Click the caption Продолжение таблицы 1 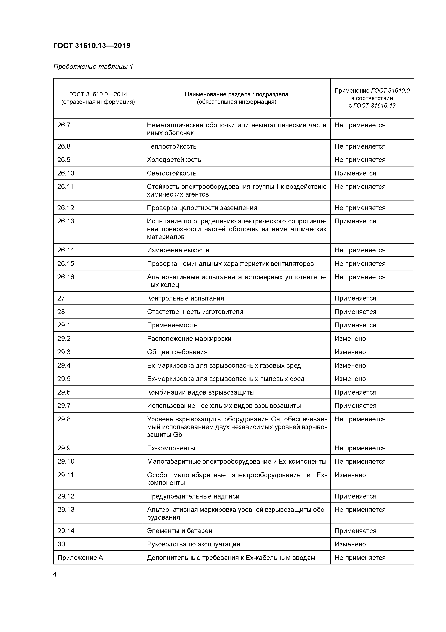(93, 67)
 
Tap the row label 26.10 (66, 173)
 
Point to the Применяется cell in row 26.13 (355, 221)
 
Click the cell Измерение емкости (178, 250)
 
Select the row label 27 (61, 298)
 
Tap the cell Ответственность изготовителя (195, 312)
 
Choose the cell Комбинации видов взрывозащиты (201, 392)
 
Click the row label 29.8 (64, 419)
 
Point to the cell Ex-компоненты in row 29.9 (171, 448)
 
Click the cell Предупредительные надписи (193, 496)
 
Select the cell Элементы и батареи (179, 531)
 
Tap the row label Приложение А (80, 558)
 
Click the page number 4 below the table (55, 574)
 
